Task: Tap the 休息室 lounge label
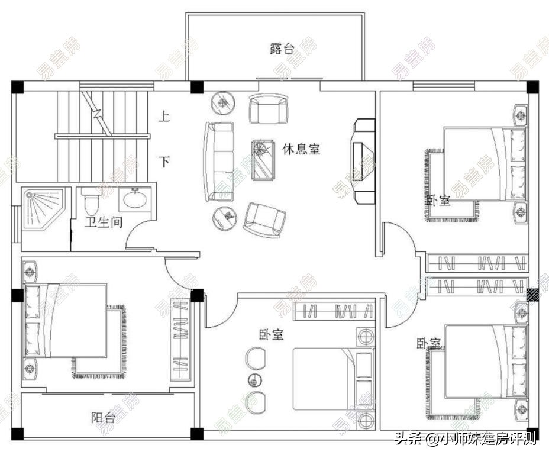coord(301,149)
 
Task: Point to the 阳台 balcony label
coord(104,417)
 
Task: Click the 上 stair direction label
coord(164,116)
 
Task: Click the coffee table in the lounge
coord(263,159)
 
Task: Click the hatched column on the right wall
coord(532,294)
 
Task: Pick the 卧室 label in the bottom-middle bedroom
coord(271,335)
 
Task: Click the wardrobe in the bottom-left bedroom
coord(180,340)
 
